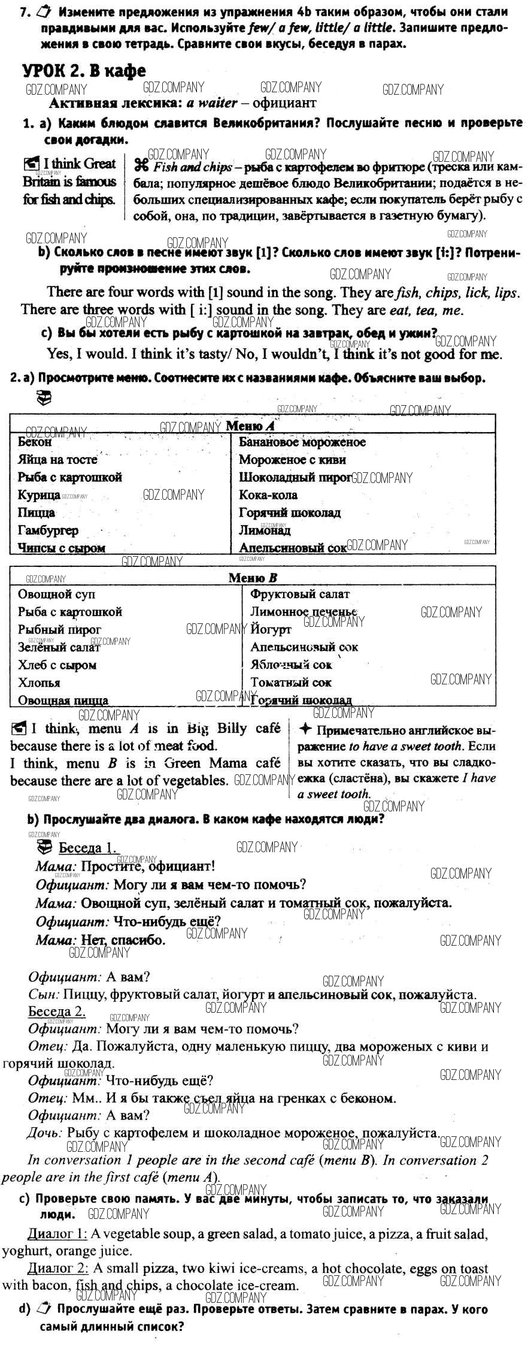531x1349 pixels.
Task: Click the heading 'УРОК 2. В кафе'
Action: click(x=84, y=71)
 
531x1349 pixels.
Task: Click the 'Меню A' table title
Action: click(x=250, y=426)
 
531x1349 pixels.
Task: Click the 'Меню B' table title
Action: click(x=253, y=578)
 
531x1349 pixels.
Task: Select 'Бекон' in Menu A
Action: click(x=35, y=442)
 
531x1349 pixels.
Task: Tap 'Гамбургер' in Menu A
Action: click(x=48, y=530)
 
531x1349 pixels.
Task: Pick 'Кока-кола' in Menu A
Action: click(x=268, y=495)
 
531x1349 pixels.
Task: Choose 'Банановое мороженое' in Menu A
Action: click(x=302, y=442)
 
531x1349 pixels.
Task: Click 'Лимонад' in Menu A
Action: click(x=265, y=530)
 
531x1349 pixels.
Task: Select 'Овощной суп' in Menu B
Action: click(x=56, y=594)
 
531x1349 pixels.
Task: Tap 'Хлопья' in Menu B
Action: click(x=39, y=683)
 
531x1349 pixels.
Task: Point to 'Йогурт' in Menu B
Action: click(x=271, y=629)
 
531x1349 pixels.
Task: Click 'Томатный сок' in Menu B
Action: click(x=291, y=682)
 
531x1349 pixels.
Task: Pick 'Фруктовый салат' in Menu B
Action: click(x=300, y=594)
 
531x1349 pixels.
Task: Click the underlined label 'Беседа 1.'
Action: click(x=88, y=848)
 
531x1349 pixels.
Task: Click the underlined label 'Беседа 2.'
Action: click(x=57, y=1012)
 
